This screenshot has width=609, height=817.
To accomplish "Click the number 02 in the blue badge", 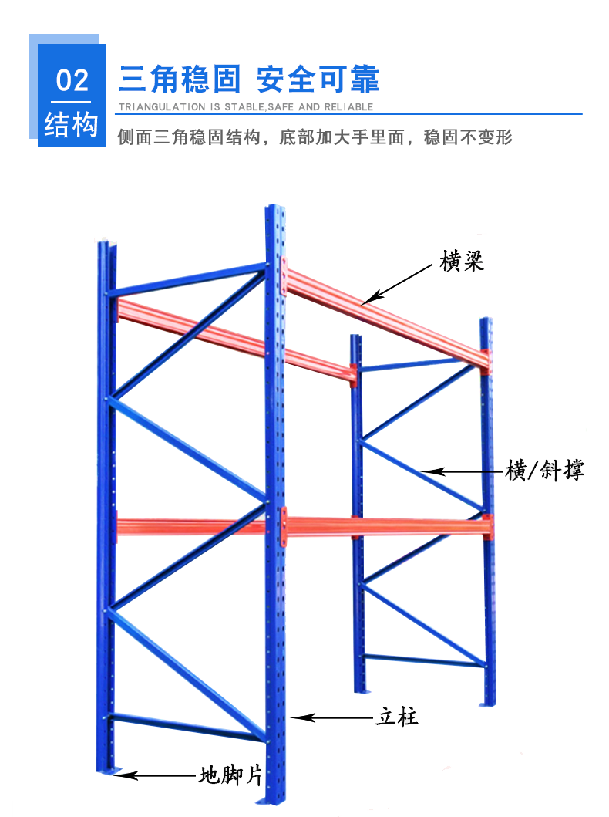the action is point(72,81).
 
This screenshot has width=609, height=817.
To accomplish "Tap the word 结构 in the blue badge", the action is point(72,123).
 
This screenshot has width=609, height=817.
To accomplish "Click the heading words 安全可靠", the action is point(318,79).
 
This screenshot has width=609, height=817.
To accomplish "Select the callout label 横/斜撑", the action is point(544,470).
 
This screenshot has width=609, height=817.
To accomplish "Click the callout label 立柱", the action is point(397,717).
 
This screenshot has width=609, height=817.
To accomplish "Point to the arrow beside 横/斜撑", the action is point(458,471).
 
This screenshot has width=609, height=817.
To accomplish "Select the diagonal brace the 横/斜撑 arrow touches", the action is point(420,470).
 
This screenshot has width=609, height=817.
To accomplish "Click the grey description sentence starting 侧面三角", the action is point(315,138).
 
